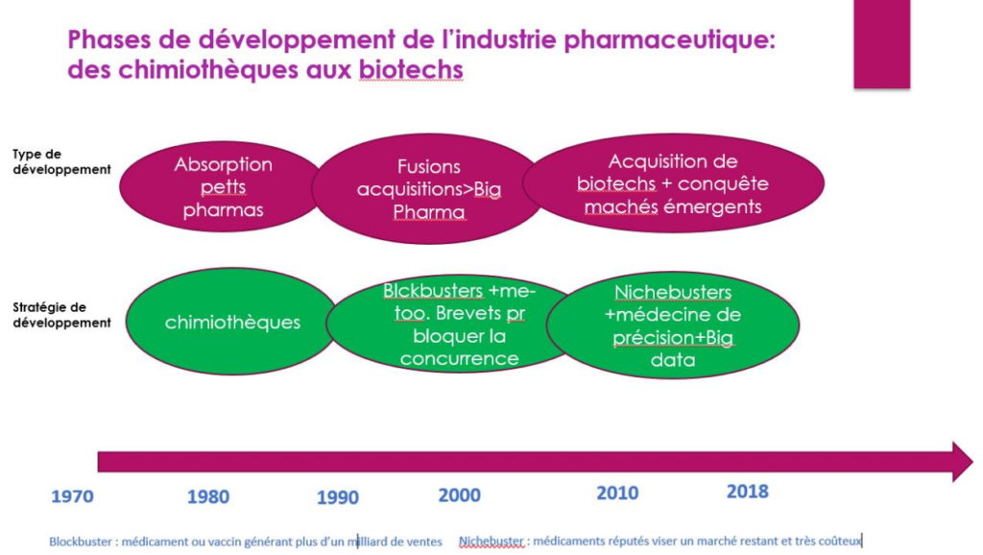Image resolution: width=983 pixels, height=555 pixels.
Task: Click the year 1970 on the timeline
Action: pyautogui.click(x=72, y=496)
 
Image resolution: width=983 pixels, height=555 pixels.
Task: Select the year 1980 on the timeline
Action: pyautogui.click(x=208, y=497)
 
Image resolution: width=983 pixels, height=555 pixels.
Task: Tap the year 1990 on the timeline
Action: pyautogui.click(x=337, y=498)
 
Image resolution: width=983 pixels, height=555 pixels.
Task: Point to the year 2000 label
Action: pyautogui.click(x=460, y=495)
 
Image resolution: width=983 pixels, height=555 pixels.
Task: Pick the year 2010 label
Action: pyautogui.click(x=617, y=494)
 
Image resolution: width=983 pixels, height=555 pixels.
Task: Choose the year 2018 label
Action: pyautogui.click(x=747, y=492)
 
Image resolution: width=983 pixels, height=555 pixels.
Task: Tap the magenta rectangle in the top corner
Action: pyautogui.click(x=881, y=44)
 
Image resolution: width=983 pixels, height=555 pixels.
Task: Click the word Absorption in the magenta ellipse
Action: pyautogui.click(x=223, y=165)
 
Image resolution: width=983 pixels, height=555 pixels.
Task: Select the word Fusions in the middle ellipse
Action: pyautogui.click(x=429, y=167)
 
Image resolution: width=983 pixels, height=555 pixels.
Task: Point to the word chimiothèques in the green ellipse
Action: pyautogui.click(x=232, y=323)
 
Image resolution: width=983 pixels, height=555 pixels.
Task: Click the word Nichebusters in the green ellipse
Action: pyautogui.click(x=673, y=292)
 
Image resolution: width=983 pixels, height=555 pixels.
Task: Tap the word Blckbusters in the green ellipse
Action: pyautogui.click(x=433, y=291)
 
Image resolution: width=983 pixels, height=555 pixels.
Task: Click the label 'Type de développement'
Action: pyautogui.click(x=61, y=162)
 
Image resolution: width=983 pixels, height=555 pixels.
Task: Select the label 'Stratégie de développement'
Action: pyautogui.click(x=61, y=315)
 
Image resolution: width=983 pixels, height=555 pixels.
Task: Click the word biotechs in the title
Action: pyautogui.click(x=411, y=69)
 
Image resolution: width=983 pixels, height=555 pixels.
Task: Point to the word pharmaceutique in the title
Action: pyautogui.click(x=669, y=40)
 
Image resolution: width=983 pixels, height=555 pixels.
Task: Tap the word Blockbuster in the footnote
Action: pyautogui.click(x=81, y=542)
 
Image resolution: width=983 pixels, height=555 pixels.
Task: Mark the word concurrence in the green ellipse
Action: pyautogui.click(x=460, y=359)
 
